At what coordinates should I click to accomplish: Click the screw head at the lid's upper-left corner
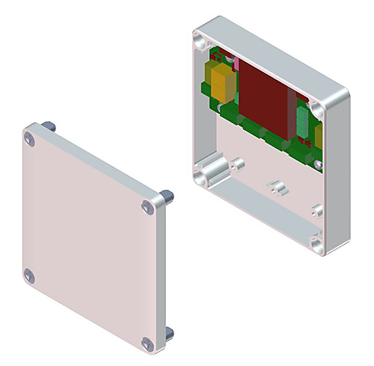point(29,138)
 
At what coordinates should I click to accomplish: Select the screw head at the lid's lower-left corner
point(29,276)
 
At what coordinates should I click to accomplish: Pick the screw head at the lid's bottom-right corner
point(147,344)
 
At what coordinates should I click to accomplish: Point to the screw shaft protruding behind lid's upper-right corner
point(168,196)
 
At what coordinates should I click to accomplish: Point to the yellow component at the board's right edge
point(319,135)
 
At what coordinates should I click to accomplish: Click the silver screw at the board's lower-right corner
point(318,163)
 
